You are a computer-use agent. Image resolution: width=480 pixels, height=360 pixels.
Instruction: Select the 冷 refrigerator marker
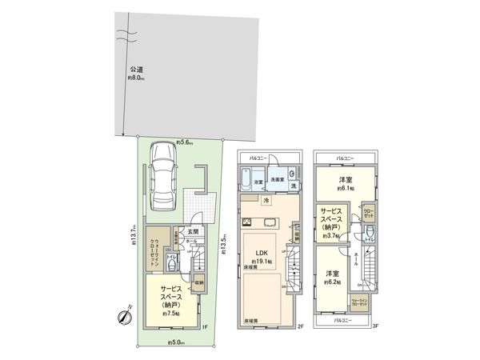click(x=266, y=200)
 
